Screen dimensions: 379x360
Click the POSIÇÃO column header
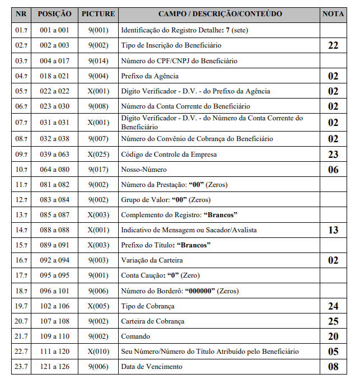pyautogui.click(x=54, y=13)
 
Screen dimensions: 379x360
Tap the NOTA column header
pyautogui.click(x=333, y=13)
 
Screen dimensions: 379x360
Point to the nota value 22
pyautogui.click(x=333, y=45)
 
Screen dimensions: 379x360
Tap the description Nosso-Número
pyautogui.click(x=144, y=170)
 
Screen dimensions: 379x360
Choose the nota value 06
pyautogui.click(x=333, y=170)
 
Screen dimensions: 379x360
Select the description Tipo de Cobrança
pyautogui.click(x=148, y=306)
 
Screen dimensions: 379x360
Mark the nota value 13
pyautogui.click(x=333, y=230)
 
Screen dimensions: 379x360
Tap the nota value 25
pyautogui.click(x=333, y=321)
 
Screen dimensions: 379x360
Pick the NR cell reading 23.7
pyautogui.click(x=22, y=367)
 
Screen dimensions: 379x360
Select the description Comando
pyautogui.click(x=135, y=337)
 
